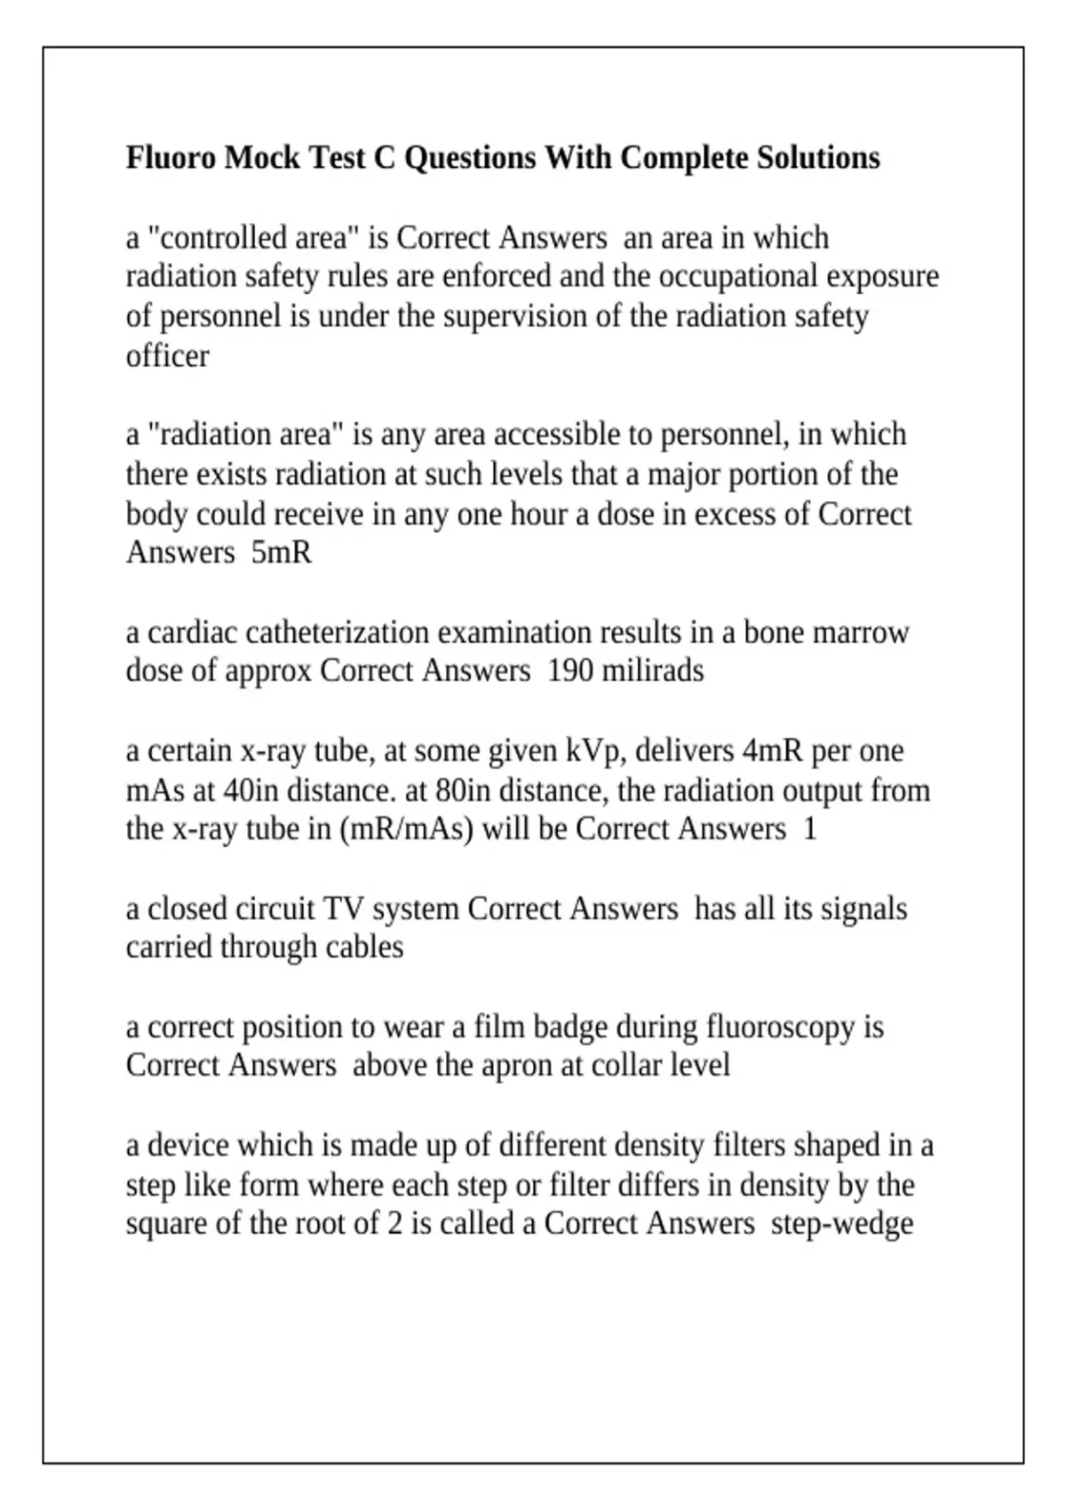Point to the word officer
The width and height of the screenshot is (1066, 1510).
click(x=167, y=356)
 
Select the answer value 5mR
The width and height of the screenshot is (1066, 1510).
click(x=282, y=552)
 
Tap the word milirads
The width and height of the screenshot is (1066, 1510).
click(x=653, y=671)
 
